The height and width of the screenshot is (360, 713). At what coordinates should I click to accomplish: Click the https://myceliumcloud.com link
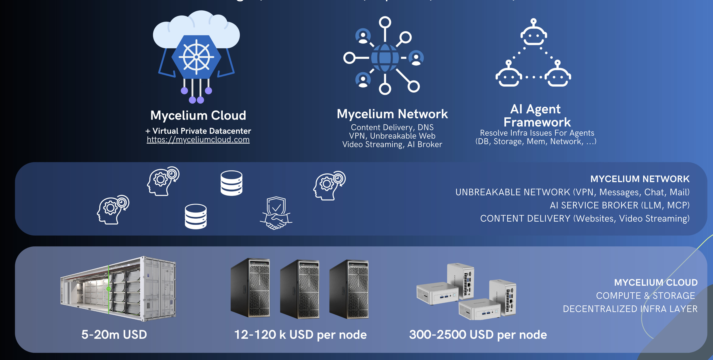tap(198, 140)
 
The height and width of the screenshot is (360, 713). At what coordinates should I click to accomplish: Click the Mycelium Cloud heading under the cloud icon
tap(198, 115)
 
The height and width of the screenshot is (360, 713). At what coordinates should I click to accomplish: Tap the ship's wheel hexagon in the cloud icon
tap(196, 57)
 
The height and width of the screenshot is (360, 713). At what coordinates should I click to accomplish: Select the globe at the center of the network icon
tap(385, 58)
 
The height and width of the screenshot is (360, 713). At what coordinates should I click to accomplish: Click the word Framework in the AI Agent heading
tap(537, 122)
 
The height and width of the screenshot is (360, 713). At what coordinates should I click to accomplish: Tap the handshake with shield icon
tap(276, 213)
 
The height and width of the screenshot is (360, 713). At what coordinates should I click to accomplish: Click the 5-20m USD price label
tap(114, 335)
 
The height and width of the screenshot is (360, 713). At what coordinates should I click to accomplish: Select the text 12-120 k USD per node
tap(300, 335)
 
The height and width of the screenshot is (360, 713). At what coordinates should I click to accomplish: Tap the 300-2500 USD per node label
tap(478, 335)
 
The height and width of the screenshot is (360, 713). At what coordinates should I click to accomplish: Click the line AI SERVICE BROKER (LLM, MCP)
tap(619, 205)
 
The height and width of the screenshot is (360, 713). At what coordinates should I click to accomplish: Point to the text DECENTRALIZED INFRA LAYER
tap(630, 309)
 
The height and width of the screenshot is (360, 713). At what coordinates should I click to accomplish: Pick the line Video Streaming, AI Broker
tap(392, 144)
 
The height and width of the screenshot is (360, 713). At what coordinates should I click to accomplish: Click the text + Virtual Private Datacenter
tap(198, 131)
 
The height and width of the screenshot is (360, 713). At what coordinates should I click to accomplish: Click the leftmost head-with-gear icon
tap(113, 210)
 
